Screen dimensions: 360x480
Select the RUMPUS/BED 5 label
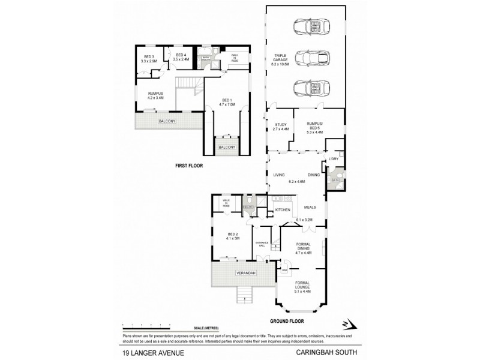click(x=317, y=127)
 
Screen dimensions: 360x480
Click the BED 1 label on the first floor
click(x=226, y=103)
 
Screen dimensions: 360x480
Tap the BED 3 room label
click(x=149, y=59)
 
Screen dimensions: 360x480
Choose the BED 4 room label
click(x=181, y=58)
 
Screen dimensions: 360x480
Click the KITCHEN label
click(x=283, y=210)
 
